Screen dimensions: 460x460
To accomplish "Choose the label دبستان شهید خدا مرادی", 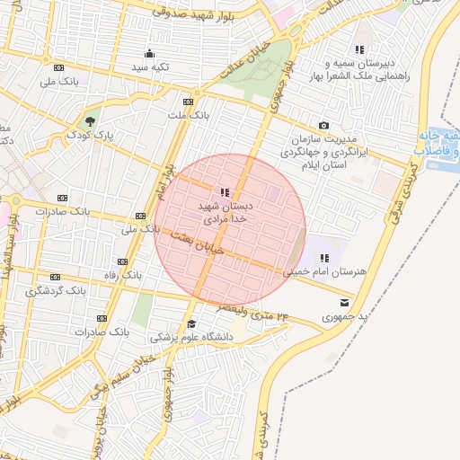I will point(225,212).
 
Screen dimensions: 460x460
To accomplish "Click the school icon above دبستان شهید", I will point(224,191).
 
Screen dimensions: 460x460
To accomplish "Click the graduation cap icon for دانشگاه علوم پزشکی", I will point(190,324).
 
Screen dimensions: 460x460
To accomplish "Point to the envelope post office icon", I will point(346,303).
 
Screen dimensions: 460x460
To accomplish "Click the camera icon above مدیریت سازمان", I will point(323,126).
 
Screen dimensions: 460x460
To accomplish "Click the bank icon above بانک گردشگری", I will point(55,277).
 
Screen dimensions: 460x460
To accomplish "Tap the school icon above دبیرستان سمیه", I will point(359,50).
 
